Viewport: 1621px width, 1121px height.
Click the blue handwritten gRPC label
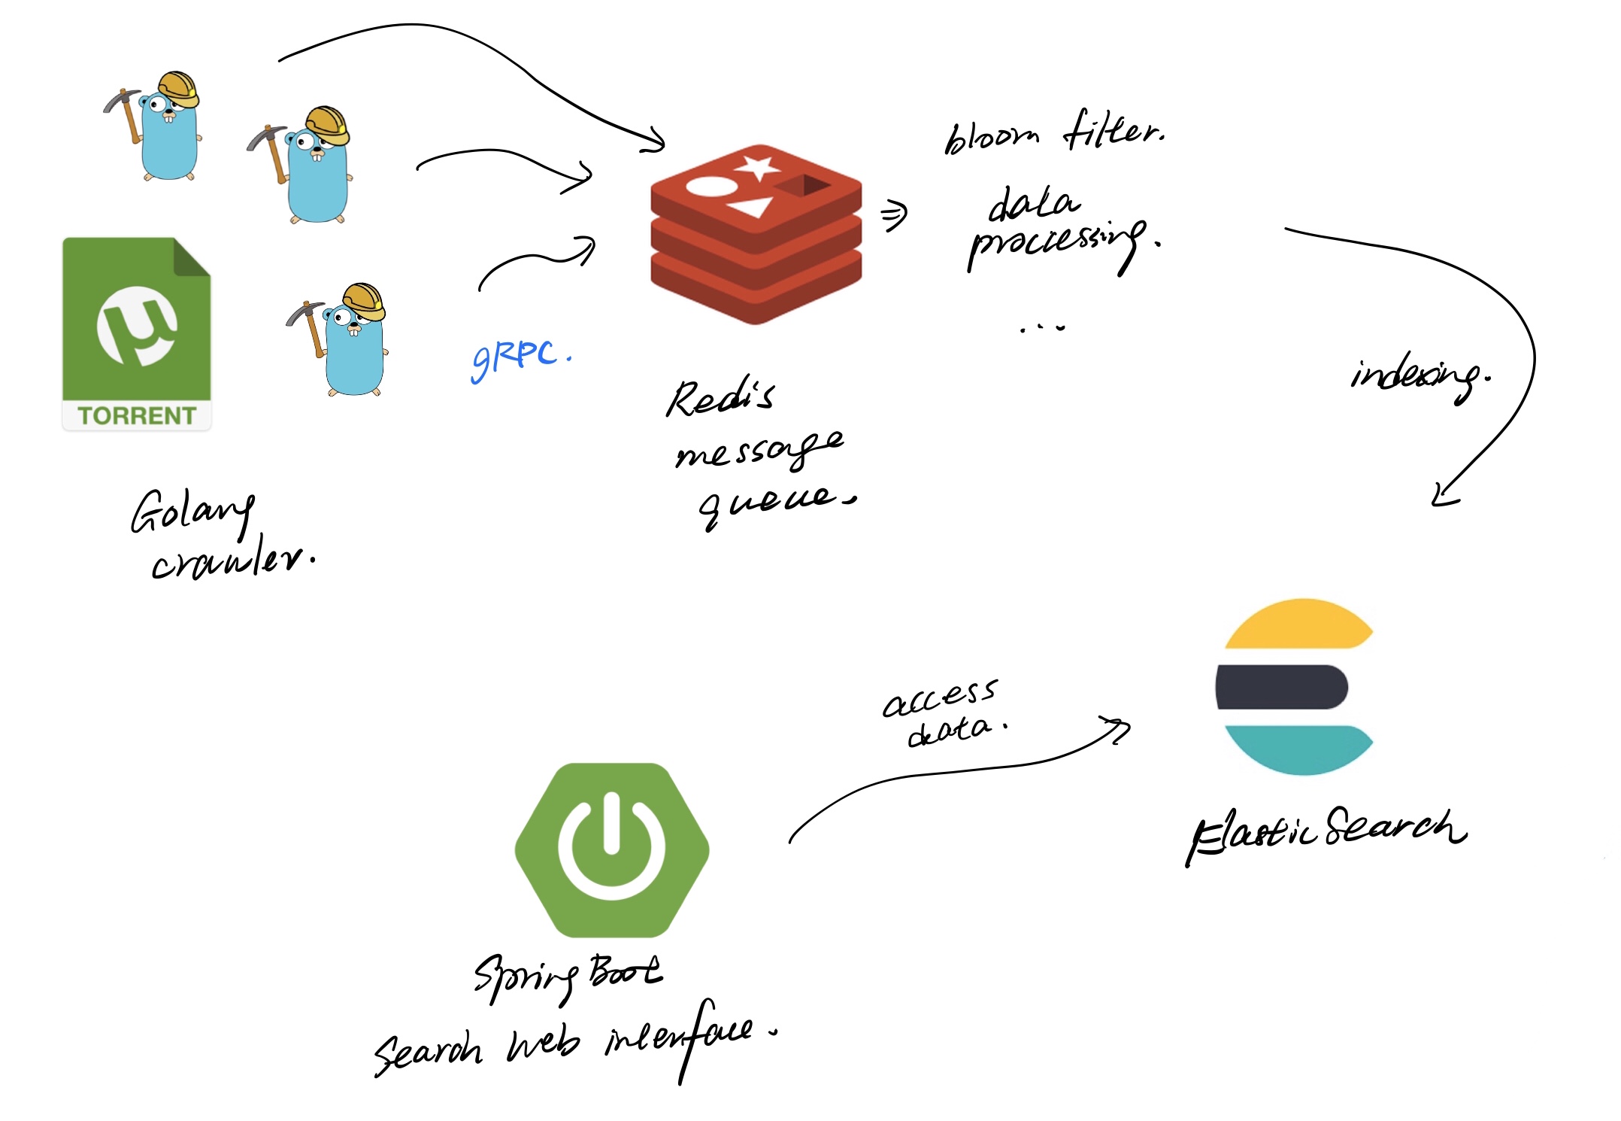point(519,358)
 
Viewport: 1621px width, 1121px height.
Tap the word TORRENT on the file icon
point(136,415)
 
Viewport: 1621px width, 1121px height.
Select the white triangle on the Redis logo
point(751,206)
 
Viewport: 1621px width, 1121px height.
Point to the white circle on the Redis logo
point(710,186)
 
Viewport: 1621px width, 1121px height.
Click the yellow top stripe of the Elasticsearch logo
point(1299,624)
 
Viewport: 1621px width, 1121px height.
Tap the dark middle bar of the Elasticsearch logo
point(1282,687)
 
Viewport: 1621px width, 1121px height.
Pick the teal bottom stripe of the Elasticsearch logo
point(1299,748)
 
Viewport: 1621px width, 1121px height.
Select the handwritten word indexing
point(1416,376)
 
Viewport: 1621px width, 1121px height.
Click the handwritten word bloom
point(992,138)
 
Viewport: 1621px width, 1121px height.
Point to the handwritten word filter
point(1113,131)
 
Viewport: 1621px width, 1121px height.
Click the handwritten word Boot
point(625,971)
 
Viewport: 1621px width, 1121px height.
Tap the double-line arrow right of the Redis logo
point(894,215)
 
